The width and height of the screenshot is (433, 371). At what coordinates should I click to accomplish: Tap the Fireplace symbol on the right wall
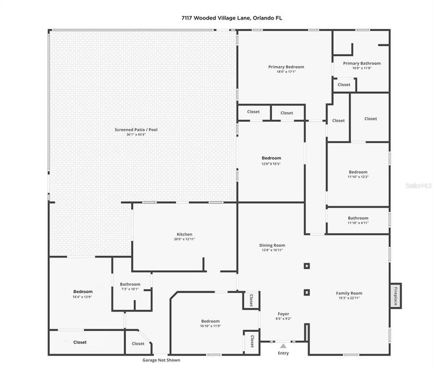coord(395,296)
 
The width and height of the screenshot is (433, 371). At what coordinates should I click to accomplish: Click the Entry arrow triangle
coord(283,346)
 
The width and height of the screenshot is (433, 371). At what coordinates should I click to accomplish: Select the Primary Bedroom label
coord(286,66)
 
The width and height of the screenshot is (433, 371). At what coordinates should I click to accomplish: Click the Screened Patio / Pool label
coord(136,130)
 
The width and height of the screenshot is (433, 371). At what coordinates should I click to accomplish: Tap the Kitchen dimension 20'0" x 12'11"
coord(185,239)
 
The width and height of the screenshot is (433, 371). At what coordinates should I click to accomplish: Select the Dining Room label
coord(272,245)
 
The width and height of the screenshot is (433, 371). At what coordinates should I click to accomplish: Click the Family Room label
coord(349,293)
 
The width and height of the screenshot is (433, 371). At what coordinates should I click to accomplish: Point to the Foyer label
coord(283,314)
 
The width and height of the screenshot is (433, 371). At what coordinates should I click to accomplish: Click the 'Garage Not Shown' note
coord(161,360)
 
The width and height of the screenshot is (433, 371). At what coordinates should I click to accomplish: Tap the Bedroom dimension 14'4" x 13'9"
coord(83,297)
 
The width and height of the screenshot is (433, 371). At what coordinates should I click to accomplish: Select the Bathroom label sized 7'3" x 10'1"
coord(130,284)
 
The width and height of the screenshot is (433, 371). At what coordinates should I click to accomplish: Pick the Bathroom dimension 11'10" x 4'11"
coord(358,223)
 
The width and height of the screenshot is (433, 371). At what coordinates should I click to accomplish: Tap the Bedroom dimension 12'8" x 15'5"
coord(272,163)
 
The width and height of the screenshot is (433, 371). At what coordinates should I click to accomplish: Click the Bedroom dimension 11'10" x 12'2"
coord(358,177)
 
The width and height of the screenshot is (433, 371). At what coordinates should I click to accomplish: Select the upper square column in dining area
coord(306,266)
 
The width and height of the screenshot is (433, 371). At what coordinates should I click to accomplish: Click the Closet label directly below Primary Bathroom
coord(344,85)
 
